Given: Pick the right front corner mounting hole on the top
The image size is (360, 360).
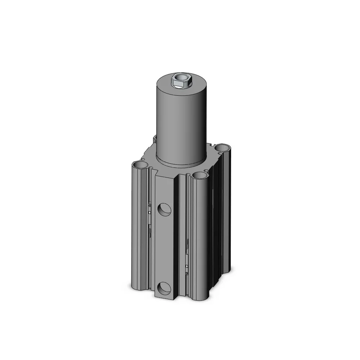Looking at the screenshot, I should [199, 175].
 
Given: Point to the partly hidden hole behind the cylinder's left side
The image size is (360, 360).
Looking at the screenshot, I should [154, 138].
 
